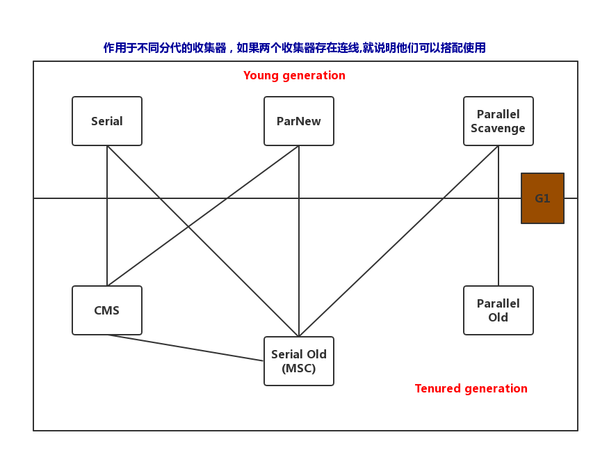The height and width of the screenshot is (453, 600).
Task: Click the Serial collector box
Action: point(107,121)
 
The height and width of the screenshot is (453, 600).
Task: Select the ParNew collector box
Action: point(299,121)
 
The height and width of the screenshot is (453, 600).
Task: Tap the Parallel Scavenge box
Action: point(498,121)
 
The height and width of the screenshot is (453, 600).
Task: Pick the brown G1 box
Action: point(542,198)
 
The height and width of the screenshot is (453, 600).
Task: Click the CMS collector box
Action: point(107,310)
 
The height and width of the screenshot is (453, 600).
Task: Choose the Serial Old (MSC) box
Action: point(299,361)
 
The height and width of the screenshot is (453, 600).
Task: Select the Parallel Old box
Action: point(498,310)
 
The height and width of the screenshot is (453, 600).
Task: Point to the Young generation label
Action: point(294,75)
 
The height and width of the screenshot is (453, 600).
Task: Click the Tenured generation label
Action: point(471,388)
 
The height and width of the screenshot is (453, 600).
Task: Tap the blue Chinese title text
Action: point(294,48)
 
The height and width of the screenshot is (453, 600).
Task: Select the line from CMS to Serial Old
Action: point(186,348)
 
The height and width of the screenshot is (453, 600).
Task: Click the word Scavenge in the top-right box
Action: point(498,128)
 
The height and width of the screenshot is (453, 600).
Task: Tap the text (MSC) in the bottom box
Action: point(299,369)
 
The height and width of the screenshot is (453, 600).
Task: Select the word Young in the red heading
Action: point(259,75)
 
